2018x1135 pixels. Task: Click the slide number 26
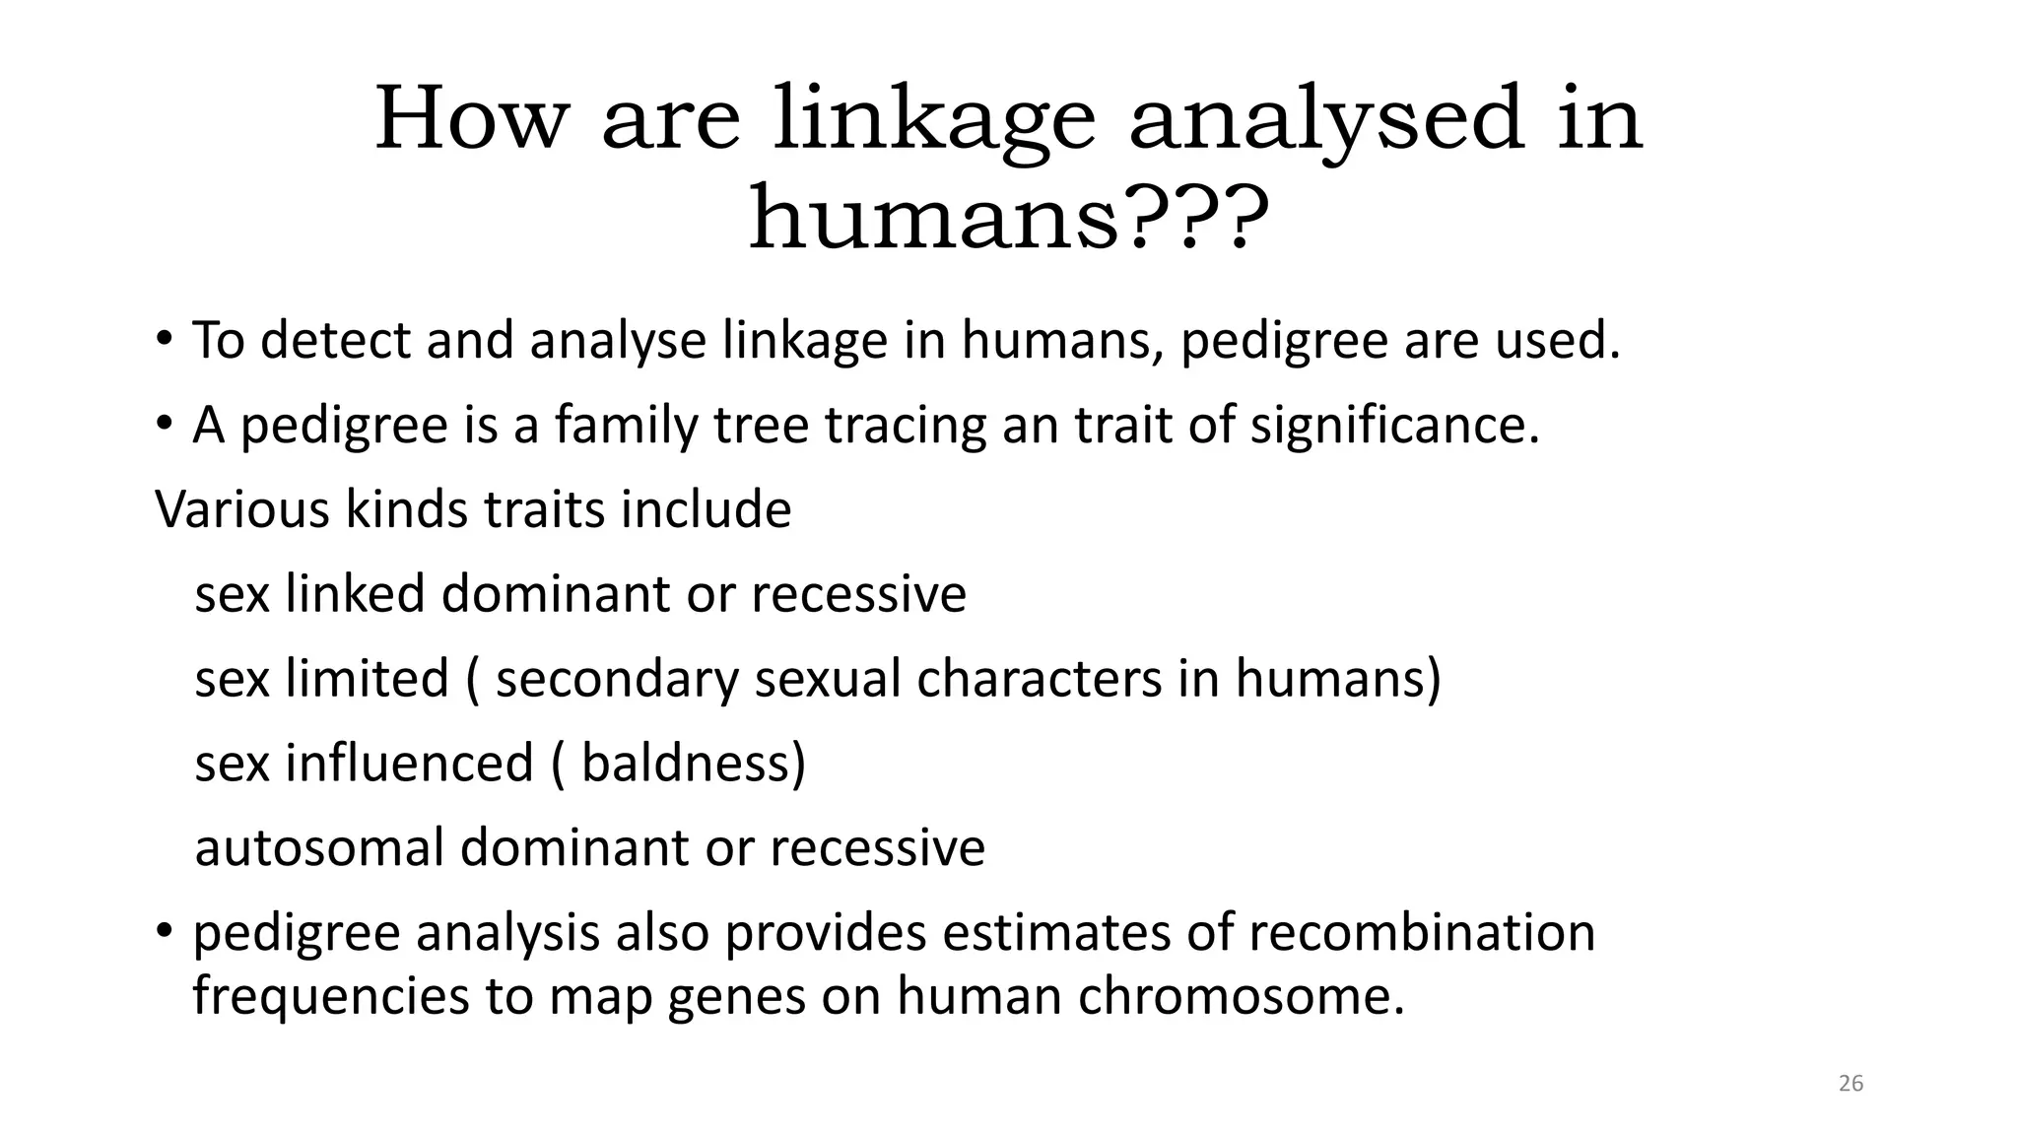[x=1850, y=1084]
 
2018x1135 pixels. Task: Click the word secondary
[x=616, y=679]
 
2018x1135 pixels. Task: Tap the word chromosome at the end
[x=1240, y=996]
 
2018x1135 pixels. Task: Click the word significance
[x=1393, y=426]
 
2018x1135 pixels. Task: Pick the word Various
[x=242, y=509]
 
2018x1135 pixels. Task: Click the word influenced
[x=409, y=764]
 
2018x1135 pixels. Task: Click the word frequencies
[x=330, y=996]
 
